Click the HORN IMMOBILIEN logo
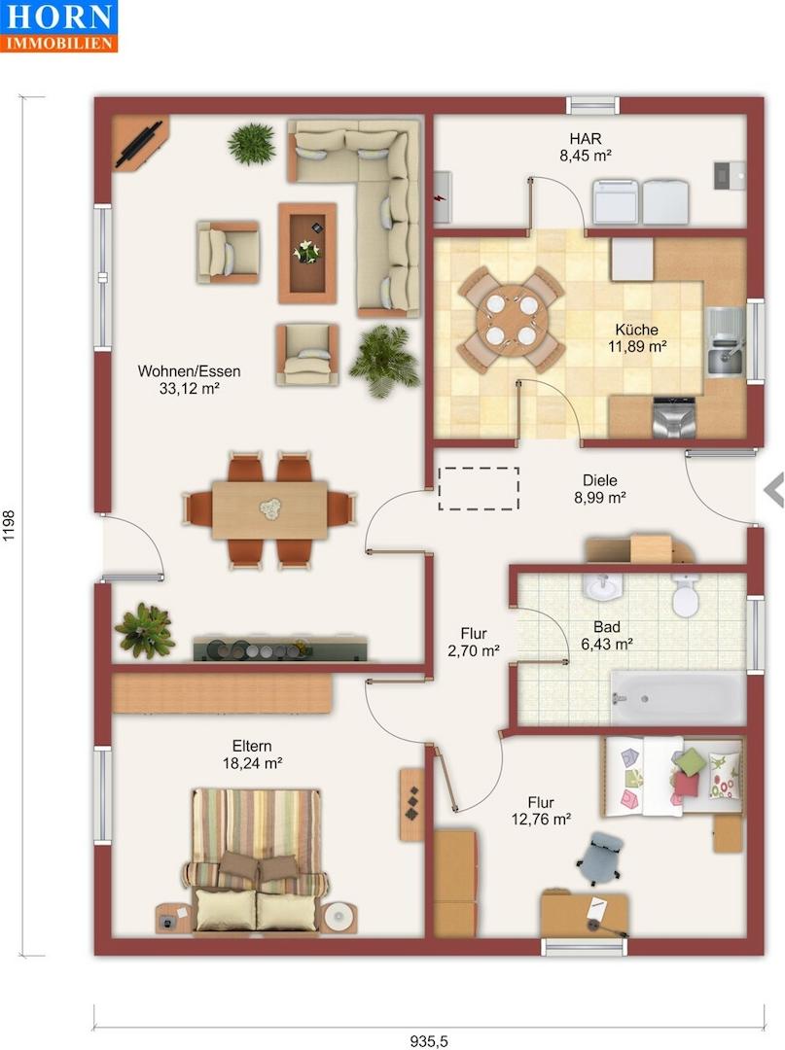[x=59, y=25]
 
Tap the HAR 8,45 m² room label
[x=586, y=148]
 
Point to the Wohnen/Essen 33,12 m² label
[x=189, y=380]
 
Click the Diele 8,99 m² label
[x=599, y=489]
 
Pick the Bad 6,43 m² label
[x=607, y=636]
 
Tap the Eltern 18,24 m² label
[x=252, y=754]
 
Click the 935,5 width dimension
[x=429, y=1041]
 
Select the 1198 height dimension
[x=9, y=526]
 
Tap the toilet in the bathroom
[x=685, y=595]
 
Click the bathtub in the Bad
[x=678, y=698]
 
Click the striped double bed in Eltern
[x=256, y=859]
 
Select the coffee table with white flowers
[x=307, y=253]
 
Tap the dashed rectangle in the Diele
[x=479, y=489]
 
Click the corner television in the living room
[x=139, y=143]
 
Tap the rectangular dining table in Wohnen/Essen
[x=269, y=510]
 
